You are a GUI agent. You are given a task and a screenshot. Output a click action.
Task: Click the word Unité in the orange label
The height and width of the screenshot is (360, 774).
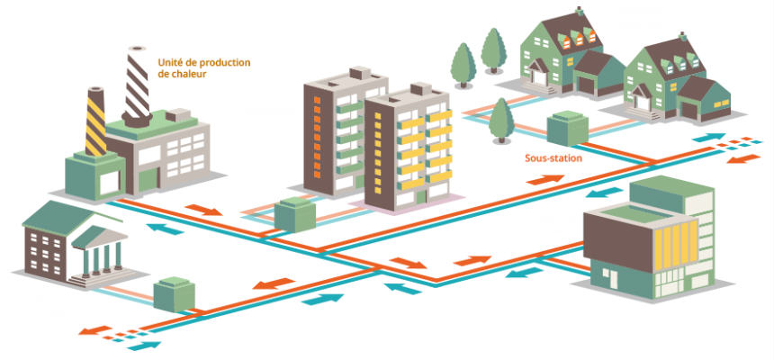(x=171, y=63)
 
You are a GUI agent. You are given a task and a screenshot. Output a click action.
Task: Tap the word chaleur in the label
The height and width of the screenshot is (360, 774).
(x=189, y=75)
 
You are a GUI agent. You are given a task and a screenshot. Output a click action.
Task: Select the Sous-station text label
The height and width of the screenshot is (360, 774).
(x=553, y=158)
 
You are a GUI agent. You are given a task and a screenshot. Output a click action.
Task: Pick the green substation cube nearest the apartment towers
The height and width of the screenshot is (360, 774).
(x=293, y=214)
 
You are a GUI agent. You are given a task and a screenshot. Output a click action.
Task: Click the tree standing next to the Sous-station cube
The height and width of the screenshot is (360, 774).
(x=499, y=117)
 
